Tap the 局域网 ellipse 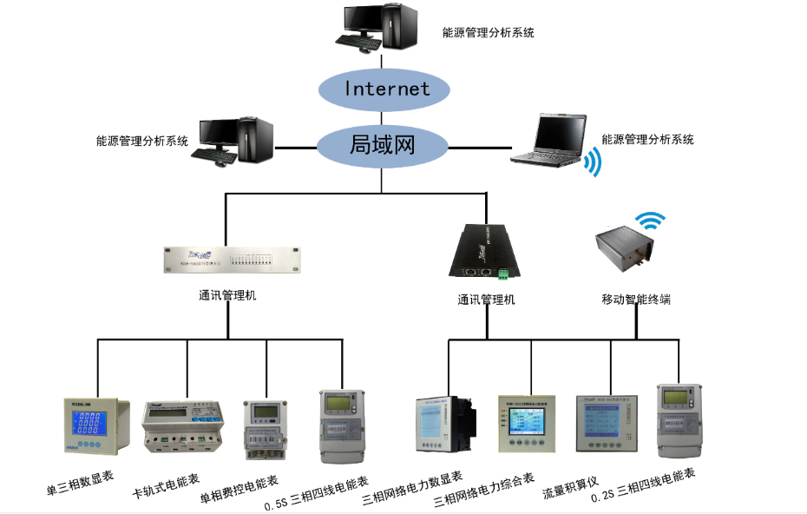(x=382, y=144)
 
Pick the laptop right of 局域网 (x=547, y=139)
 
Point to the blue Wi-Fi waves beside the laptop (x=593, y=161)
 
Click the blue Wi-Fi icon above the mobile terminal (x=648, y=221)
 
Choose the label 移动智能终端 (x=636, y=300)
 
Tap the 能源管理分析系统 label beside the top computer (x=488, y=33)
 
